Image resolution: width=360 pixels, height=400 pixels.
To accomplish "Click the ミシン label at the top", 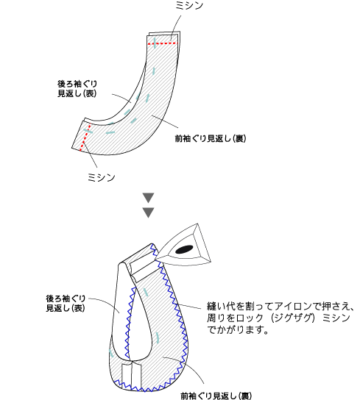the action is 189,5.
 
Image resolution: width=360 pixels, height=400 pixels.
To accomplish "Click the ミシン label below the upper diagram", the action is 101,177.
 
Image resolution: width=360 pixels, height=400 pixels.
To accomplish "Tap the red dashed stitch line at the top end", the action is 163,43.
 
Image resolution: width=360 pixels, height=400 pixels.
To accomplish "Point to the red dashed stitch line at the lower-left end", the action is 85,137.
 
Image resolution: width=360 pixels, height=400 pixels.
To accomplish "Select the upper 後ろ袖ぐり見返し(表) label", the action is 77,88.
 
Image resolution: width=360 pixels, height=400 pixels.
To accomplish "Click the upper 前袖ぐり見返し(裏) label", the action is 211,138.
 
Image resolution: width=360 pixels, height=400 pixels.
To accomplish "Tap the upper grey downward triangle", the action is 148,198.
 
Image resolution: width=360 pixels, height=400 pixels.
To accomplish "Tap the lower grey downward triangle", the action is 148,213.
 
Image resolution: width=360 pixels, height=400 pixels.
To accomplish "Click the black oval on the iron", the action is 184,249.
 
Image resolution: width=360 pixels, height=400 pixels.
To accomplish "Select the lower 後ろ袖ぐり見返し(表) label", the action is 66,304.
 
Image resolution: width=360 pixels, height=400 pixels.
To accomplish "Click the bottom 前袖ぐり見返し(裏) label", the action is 216,396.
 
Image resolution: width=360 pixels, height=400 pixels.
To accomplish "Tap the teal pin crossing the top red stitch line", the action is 155,42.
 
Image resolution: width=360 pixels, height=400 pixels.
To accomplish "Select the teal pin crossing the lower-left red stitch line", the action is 88,131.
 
